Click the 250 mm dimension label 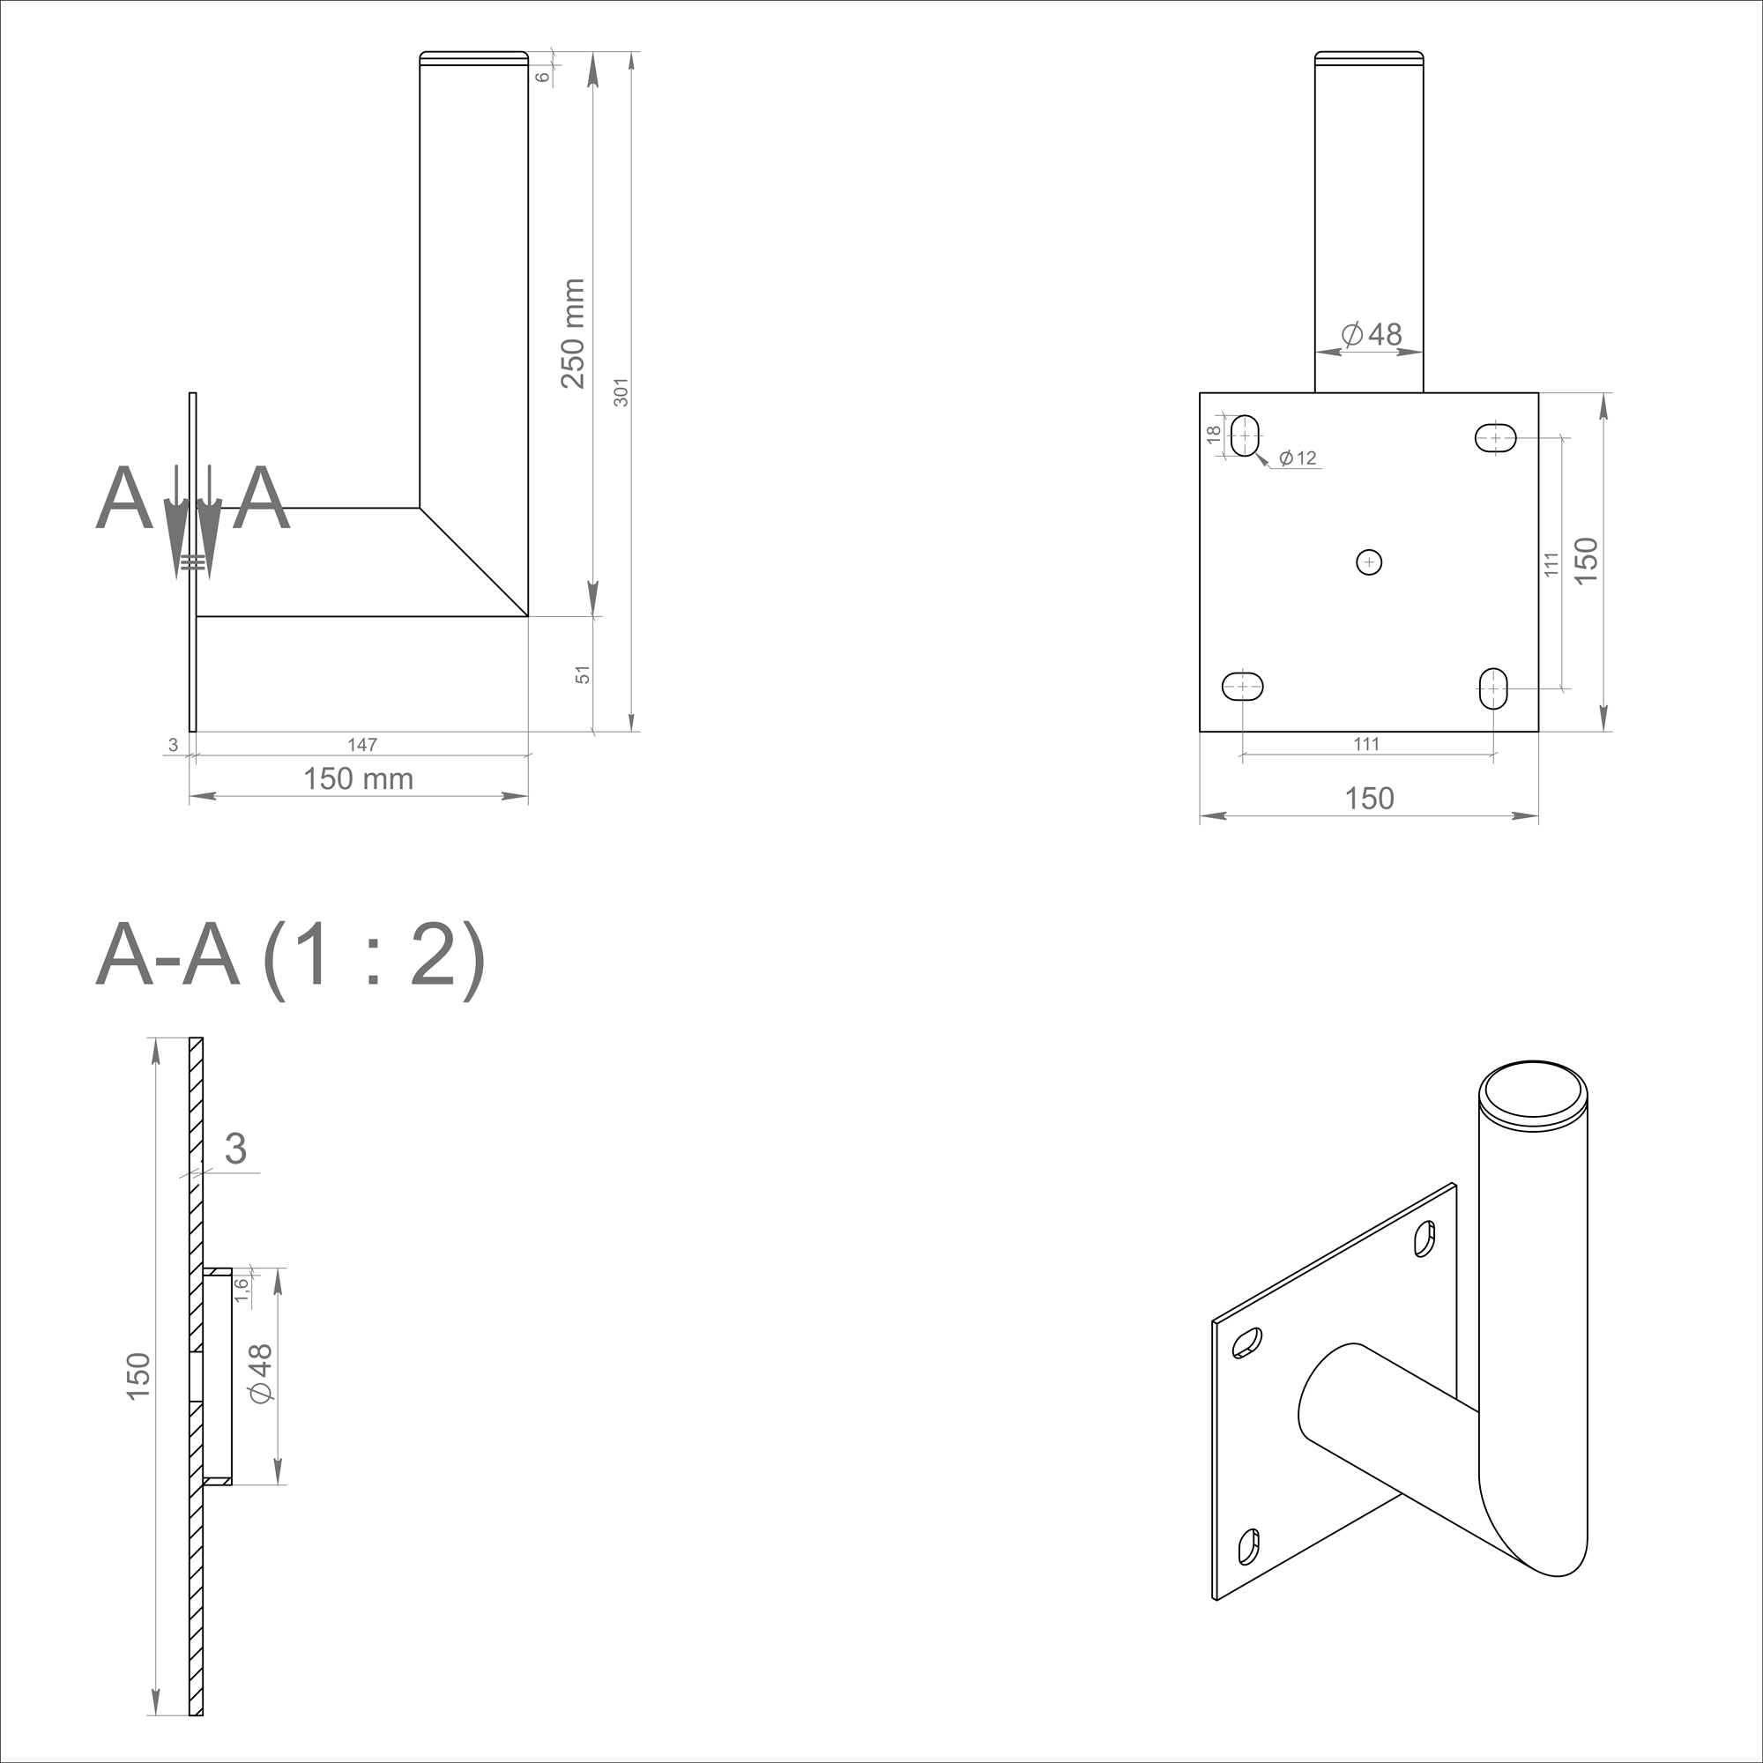tap(572, 334)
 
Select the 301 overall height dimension tap(621, 391)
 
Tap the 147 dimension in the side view tap(362, 745)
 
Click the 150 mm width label tap(359, 778)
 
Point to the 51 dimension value tap(583, 674)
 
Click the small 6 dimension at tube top tap(543, 77)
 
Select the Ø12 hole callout tap(1297, 458)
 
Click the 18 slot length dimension tap(1214, 435)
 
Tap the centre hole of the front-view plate tap(1369, 562)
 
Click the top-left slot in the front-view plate tap(1246, 435)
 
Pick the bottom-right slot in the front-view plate tap(1493, 688)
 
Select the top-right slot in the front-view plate tap(1496, 438)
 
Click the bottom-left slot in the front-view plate tap(1242, 685)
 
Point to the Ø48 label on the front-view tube tap(1372, 335)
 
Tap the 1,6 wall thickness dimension tap(241, 1290)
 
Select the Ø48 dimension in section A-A tap(260, 1374)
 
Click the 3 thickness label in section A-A tap(235, 1149)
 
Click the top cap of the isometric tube tap(1533, 1092)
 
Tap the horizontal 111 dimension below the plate tap(1366, 744)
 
